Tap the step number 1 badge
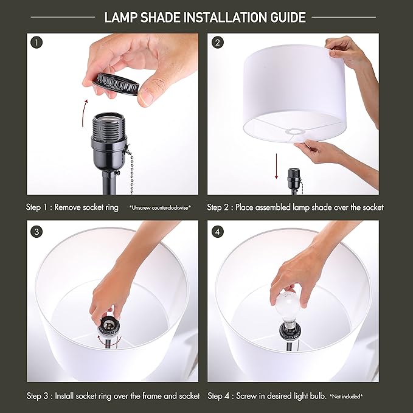pos(36,43)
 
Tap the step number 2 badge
pos(217,43)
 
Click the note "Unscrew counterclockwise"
pos(160,208)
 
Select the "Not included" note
pos(346,397)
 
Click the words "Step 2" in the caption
pos(219,207)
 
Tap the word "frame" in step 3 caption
pos(142,396)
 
